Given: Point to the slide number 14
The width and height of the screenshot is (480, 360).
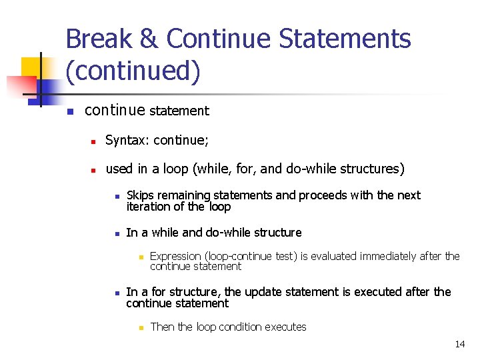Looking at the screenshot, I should pyautogui.click(x=459, y=344).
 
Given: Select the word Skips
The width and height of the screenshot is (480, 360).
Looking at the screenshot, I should pyautogui.click(x=139, y=195).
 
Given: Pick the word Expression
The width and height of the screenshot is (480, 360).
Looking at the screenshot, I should pyautogui.click(x=175, y=256).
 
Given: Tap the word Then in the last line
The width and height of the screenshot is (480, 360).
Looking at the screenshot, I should pyautogui.click(x=162, y=327).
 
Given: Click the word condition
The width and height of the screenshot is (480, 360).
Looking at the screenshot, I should pyautogui.click(x=241, y=327).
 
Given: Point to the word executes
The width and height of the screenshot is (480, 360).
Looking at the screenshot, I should pyautogui.click(x=286, y=327).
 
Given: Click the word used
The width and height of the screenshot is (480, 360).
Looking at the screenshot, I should pyautogui.click(x=119, y=169).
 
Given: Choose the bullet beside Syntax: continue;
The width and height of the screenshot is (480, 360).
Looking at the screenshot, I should pyautogui.click(x=94, y=141).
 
